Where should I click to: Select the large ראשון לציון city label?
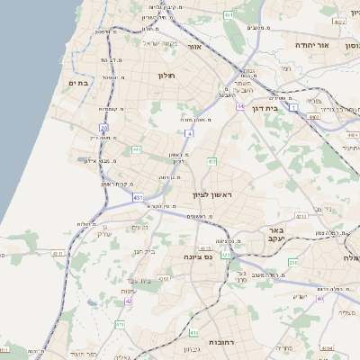point(211,195)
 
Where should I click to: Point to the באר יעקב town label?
point(275,235)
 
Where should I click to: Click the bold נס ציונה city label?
point(196,256)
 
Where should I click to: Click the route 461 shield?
point(228,16)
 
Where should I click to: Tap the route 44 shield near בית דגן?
point(240,106)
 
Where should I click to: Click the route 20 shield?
point(104,128)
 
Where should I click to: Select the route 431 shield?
point(137,197)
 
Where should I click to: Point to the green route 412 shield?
point(212,161)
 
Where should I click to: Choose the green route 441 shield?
point(135,149)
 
